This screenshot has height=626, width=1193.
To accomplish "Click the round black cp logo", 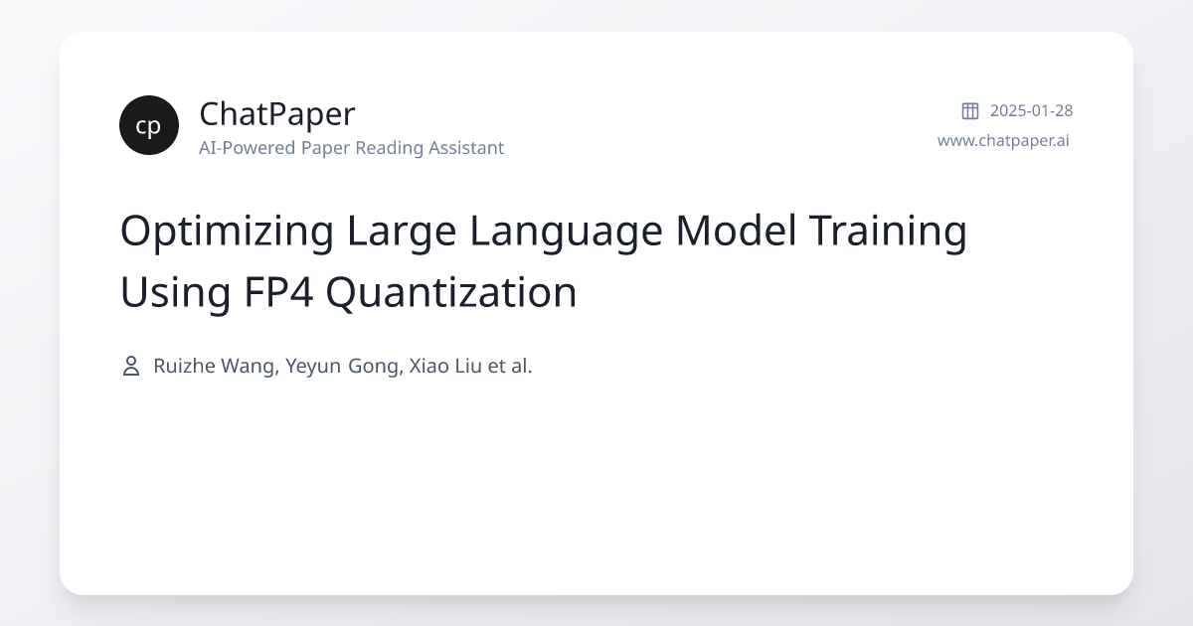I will coord(149,125).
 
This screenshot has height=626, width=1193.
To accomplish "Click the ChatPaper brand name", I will coord(276,114).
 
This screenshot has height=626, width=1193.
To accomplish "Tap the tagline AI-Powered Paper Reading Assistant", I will coord(351,148).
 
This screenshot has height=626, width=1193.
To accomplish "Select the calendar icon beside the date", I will coord(970,111).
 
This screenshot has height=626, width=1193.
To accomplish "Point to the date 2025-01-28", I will coord(1031,111).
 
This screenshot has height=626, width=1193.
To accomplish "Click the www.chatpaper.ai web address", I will coord(1003,140).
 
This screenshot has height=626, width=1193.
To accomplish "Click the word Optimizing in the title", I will coord(227,232).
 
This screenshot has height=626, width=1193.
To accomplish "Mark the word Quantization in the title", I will coord(451,293).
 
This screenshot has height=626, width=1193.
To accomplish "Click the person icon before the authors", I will coord(130,367).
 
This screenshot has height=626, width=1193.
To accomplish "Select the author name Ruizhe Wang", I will coord(214,367).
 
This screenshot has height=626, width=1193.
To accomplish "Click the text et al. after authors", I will coord(510,367).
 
